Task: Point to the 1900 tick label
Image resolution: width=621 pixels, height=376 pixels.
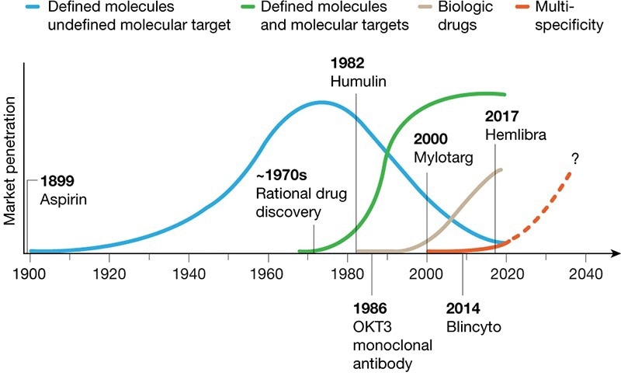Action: (29, 273)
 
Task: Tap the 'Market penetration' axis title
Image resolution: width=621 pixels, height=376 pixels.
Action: (11, 155)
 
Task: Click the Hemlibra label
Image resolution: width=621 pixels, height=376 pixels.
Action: (516, 134)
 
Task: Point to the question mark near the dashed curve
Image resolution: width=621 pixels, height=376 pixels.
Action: (575, 159)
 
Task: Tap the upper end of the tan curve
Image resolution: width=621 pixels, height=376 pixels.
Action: (501, 169)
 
